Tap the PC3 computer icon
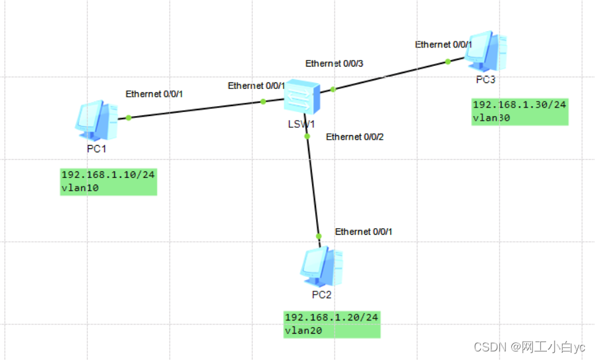click(487, 50)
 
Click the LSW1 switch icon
click(302, 99)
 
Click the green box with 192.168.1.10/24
click(109, 181)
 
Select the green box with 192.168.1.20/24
click(332, 324)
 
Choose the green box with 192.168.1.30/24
click(520, 111)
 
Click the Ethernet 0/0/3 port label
click(334, 63)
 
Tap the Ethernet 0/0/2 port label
click(354, 137)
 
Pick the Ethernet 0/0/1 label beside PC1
click(154, 94)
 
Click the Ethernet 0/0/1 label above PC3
click(444, 45)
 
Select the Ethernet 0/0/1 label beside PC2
click(363, 231)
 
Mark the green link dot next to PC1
click(129, 118)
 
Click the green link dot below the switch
click(307, 136)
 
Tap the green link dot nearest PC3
click(447, 61)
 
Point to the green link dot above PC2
click(319, 236)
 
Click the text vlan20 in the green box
click(303, 330)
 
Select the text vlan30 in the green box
click(491, 119)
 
